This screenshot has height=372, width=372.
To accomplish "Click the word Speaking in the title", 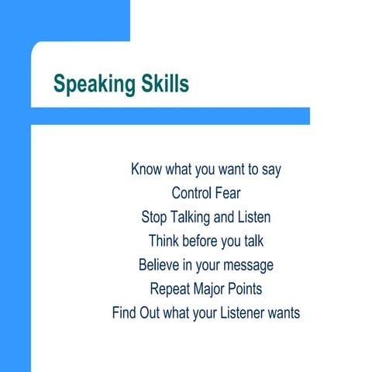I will point(94,84).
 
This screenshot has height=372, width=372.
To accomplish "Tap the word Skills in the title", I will point(164,83).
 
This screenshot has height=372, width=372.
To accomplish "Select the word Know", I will point(147,168).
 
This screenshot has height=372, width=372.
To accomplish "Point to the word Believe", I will point(161,264).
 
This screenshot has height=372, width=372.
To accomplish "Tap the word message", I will point(248,265).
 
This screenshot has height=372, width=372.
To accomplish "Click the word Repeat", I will point(170,288).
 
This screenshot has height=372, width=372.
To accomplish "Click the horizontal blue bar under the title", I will point(170,115).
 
